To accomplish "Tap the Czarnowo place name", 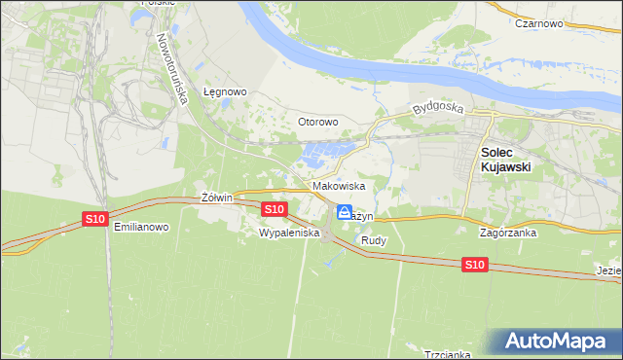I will (542, 22).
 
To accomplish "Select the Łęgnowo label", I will (225, 92).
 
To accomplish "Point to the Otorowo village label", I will (317, 122).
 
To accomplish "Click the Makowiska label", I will (339, 185).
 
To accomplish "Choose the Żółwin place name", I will (217, 198).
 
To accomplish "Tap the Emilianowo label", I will (141, 227).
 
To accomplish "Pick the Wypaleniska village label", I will (289, 234).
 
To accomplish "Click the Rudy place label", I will (374, 239).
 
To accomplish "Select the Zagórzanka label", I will (509, 234).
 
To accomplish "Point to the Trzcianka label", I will (448, 354).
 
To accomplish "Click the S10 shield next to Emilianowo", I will (94, 219).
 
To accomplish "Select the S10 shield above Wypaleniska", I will (274, 209).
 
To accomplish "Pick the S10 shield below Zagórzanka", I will (473, 264).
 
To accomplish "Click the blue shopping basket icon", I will (345, 212).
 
